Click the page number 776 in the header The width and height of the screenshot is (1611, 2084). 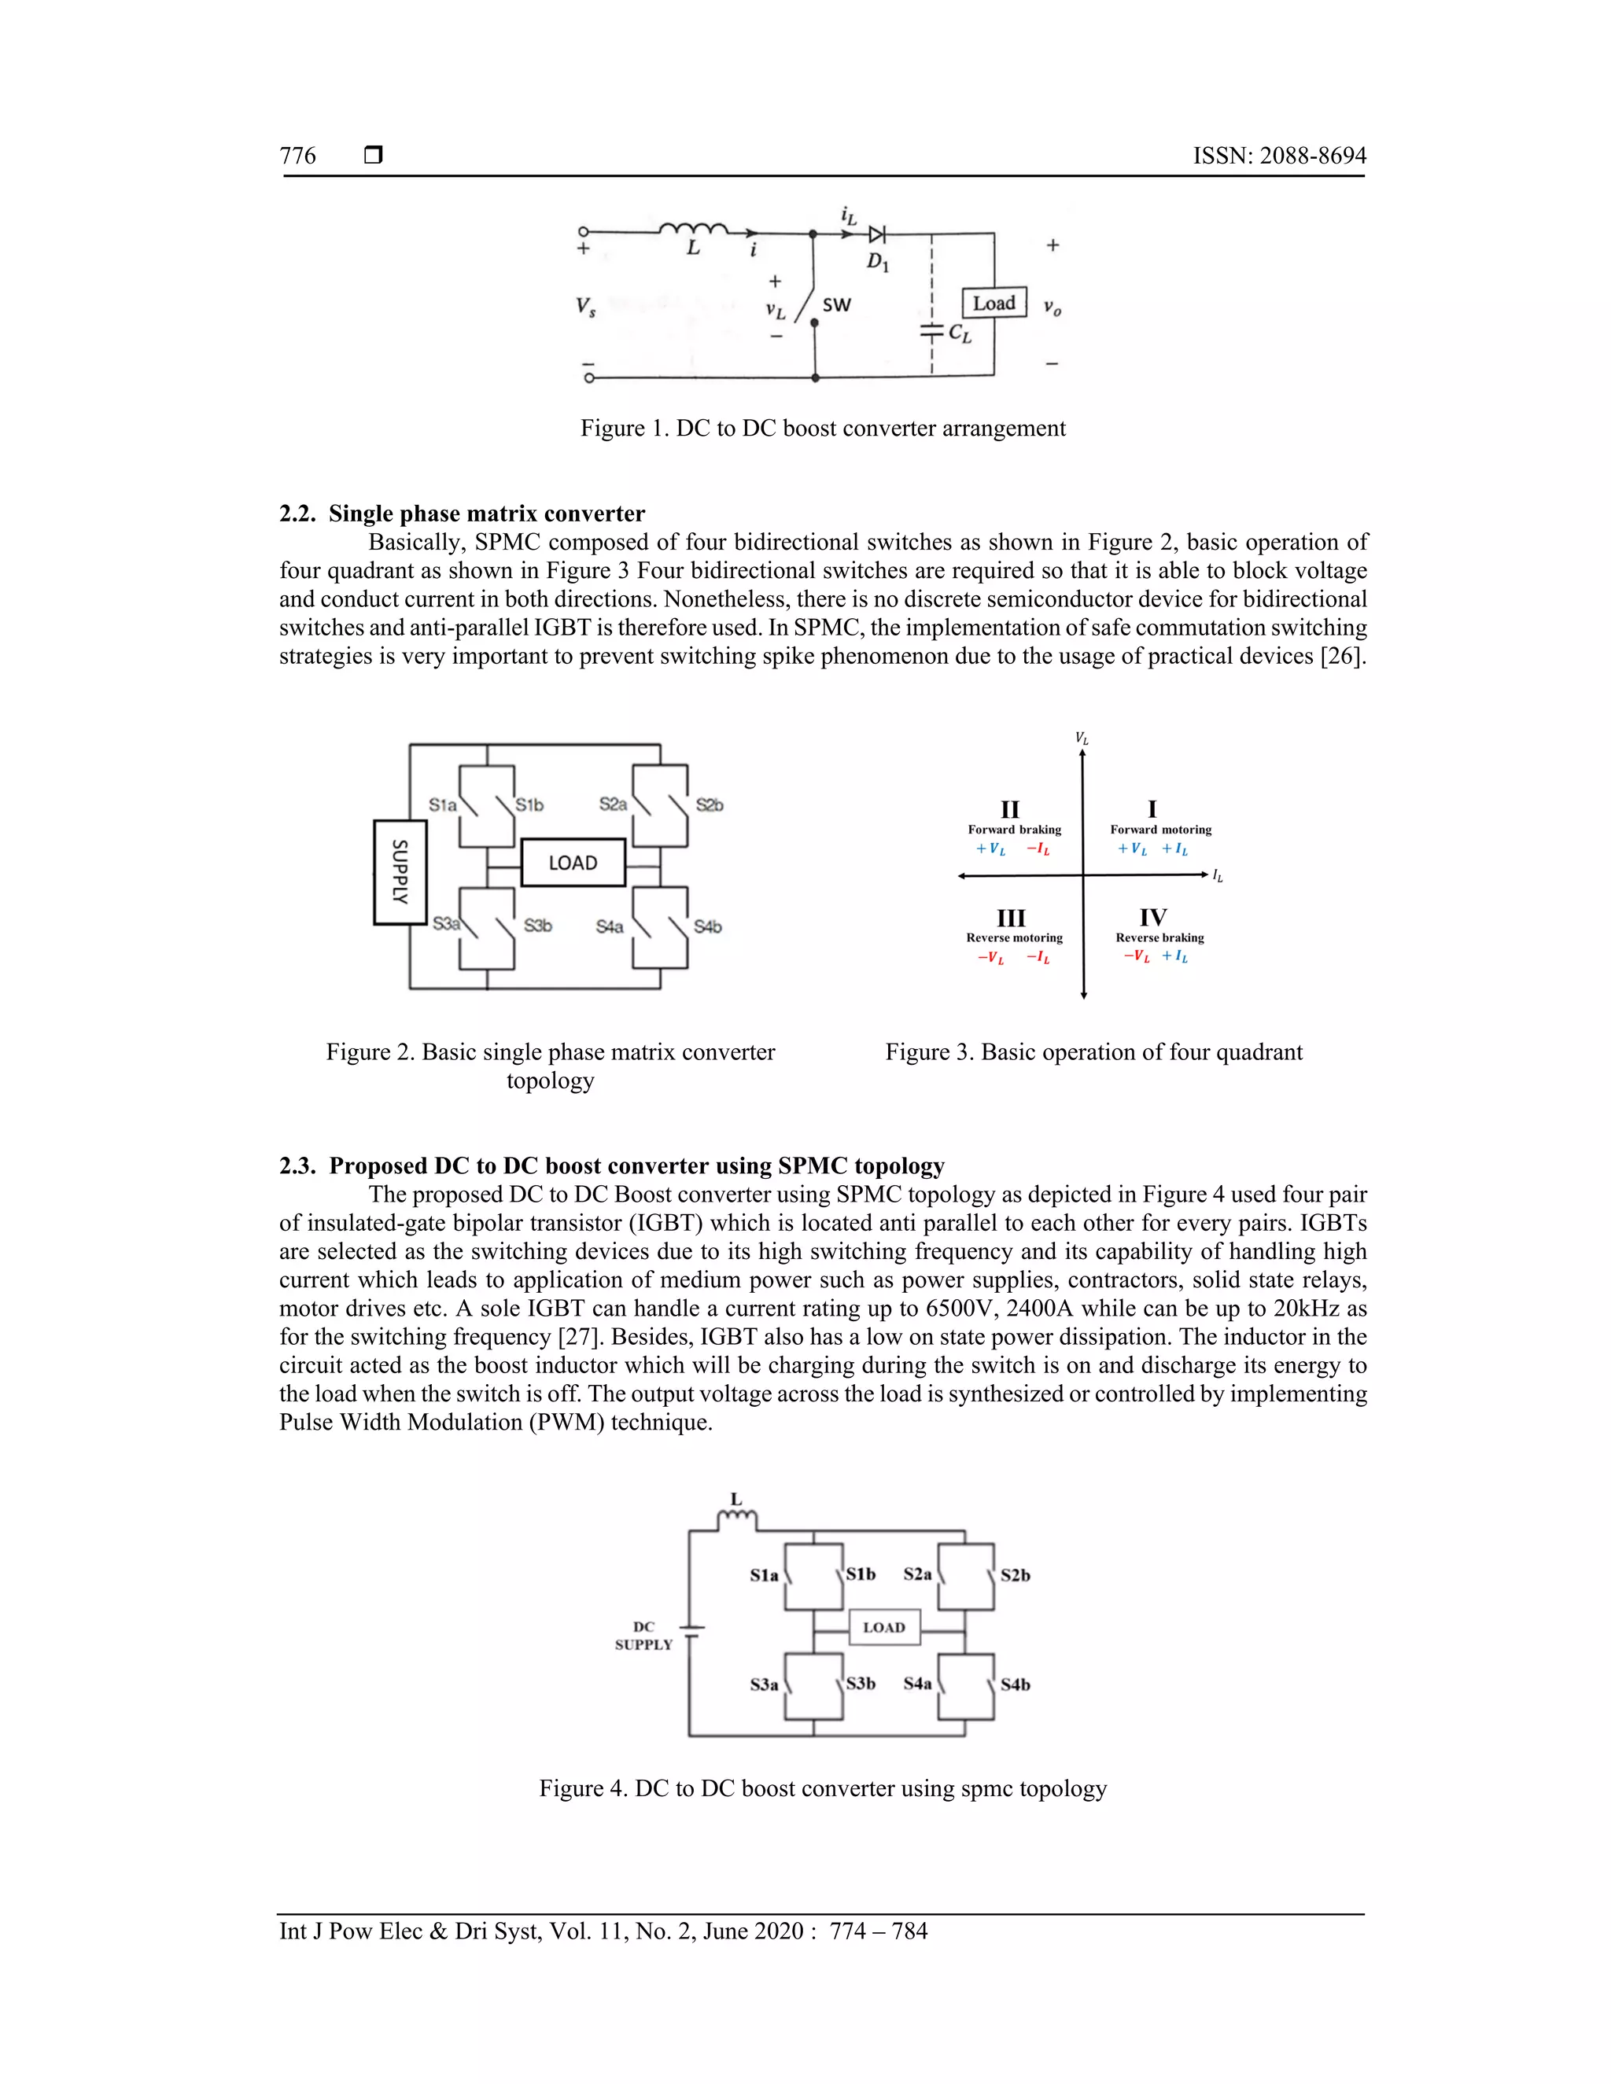coord(298,156)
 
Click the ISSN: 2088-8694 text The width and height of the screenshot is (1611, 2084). coord(1279,156)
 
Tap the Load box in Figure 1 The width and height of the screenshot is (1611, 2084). coord(994,304)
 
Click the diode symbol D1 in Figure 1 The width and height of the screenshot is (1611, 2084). coord(876,234)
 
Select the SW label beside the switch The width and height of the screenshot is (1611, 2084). coord(836,305)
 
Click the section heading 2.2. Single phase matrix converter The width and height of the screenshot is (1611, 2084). coord(462,514)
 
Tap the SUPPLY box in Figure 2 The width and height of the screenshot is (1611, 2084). coord(400,871)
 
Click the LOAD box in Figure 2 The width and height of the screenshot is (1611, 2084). coord(573,863)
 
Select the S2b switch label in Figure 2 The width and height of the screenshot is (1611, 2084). coord(709,805)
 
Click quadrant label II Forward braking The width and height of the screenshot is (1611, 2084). coord(1012,819)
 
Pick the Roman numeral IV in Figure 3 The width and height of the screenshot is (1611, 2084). coord(1153,917)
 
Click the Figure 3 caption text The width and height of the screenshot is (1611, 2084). coord(1093,1051)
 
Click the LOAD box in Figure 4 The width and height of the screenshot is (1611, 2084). coord(883,1627)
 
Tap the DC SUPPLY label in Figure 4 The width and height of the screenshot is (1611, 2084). coord(643,1636)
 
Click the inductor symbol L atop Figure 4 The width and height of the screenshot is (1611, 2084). coord(737,1516)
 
